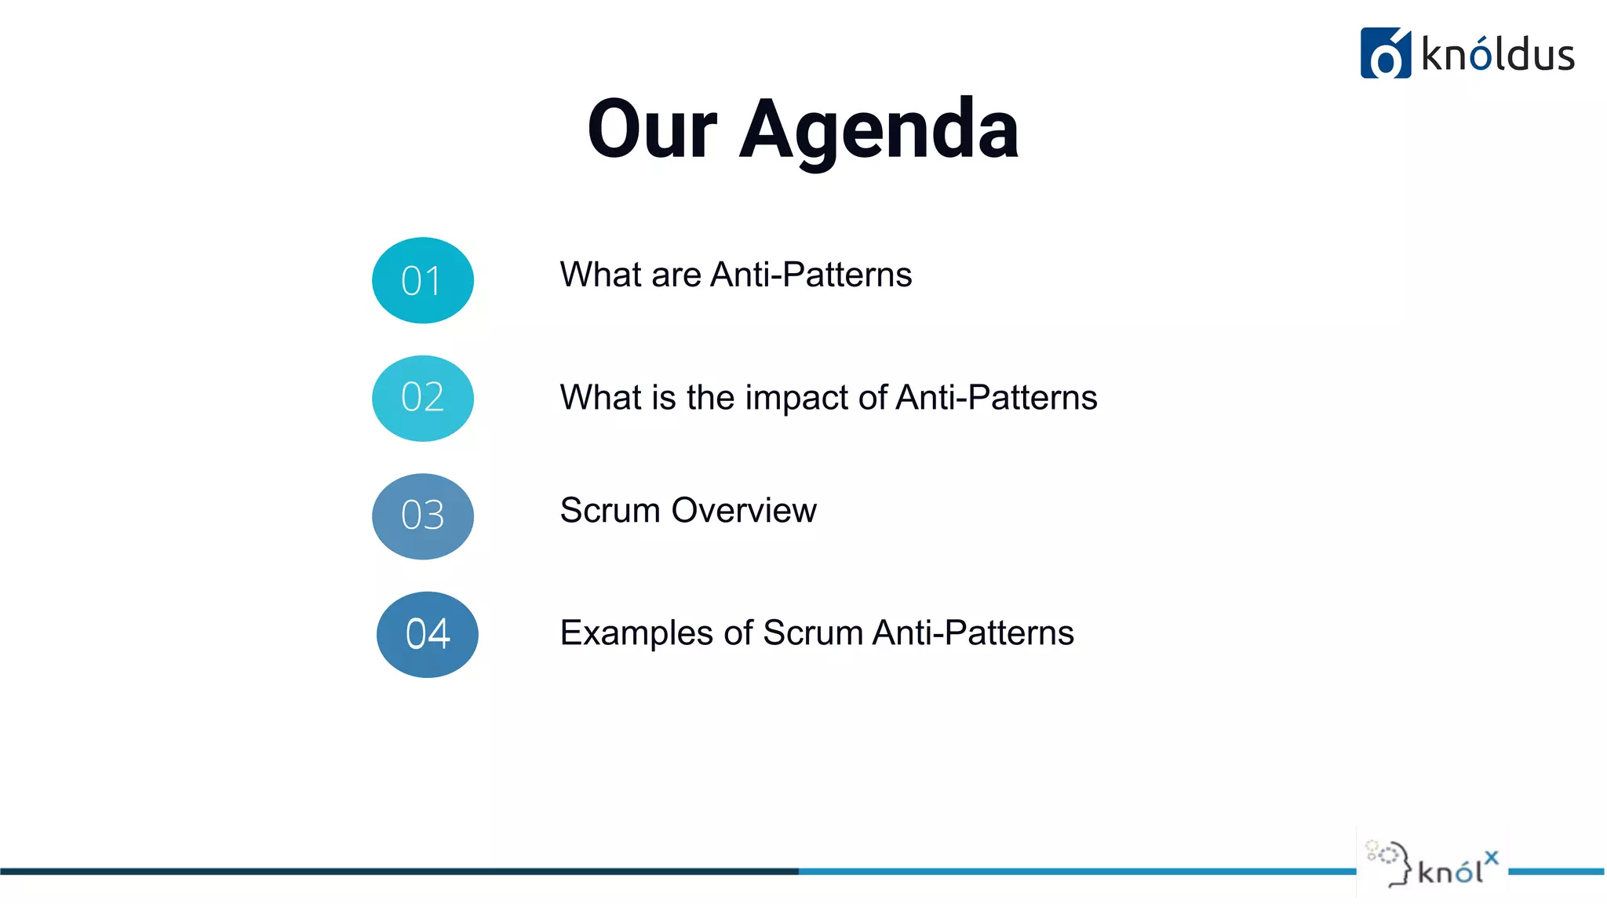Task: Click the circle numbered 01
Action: [422, 280]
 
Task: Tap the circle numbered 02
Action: [422, 398]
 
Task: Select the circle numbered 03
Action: [422, 516]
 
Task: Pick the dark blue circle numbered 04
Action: [427, 634]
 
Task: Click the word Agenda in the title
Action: [878, 130]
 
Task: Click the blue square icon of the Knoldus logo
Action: [1385, 53]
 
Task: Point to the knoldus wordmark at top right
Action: [1497, 55]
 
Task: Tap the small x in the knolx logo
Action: [1491, 858]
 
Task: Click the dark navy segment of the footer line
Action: [392, 871]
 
